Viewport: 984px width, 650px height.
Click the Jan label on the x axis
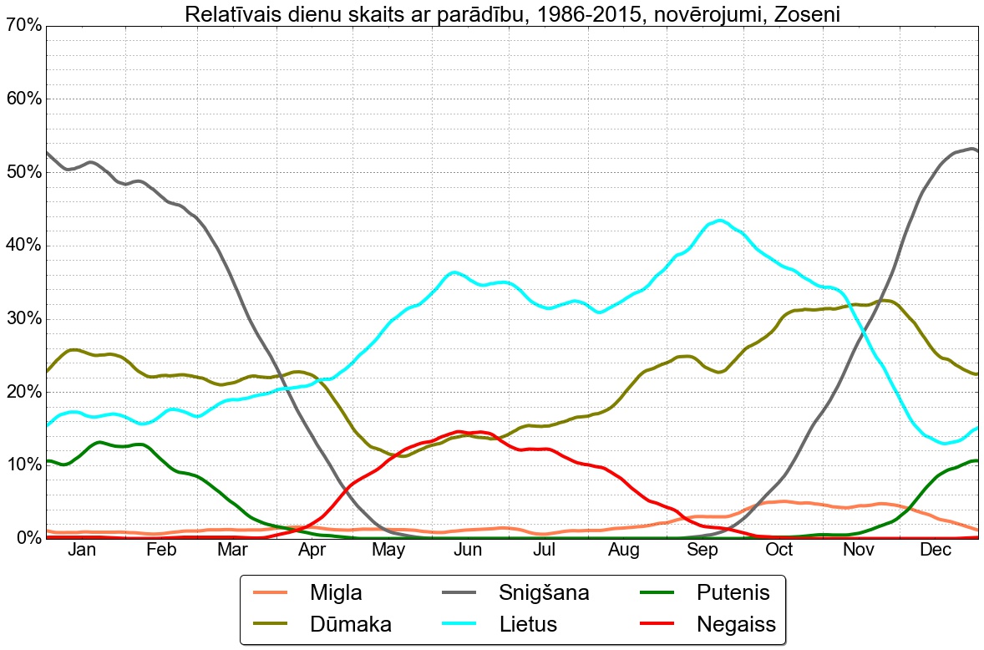click(82, 550)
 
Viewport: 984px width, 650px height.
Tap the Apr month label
click(312, 550)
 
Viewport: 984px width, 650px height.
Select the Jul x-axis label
click(545, 550)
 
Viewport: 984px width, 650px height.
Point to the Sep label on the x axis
click(702, 550)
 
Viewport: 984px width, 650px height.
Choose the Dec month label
click(936, 550)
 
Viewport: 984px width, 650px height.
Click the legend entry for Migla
click(335, 593)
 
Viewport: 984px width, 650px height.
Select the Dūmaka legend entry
click(350, 624)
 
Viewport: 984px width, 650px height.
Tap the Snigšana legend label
click(544, 593)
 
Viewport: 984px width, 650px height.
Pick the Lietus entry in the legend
click(528, 624)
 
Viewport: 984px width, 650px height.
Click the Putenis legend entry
click(732, 593)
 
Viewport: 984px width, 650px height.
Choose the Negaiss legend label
click(736, 624)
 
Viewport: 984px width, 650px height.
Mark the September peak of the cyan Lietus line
click(720, 221)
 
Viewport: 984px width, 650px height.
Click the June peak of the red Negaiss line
click(458, 432)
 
